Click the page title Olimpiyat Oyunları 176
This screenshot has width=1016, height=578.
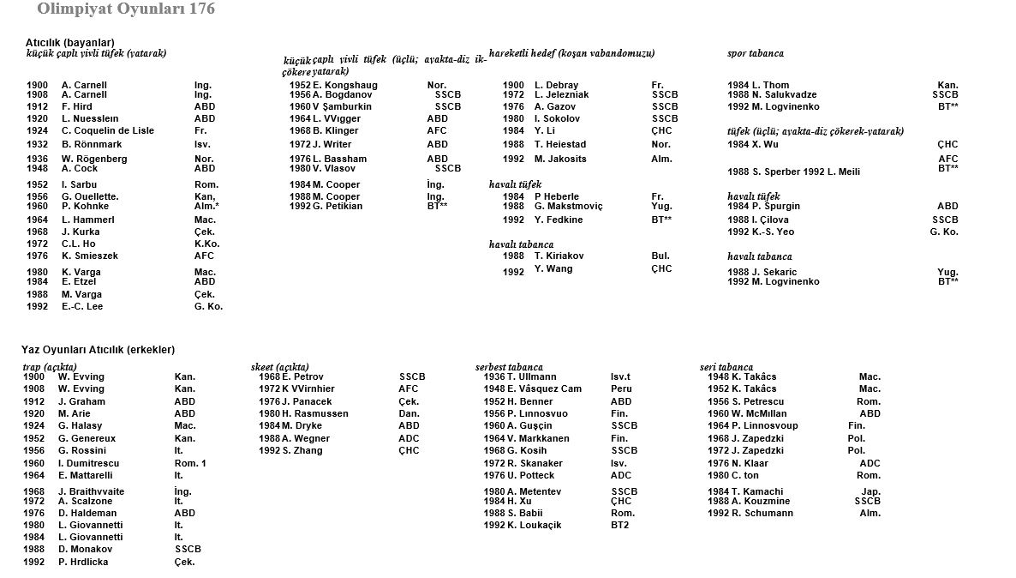126,9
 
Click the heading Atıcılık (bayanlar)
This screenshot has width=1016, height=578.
69,42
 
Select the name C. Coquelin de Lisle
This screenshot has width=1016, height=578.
108,130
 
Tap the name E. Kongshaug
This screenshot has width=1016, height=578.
345,86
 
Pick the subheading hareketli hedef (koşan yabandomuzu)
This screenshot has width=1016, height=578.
571,53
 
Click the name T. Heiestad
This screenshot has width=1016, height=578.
561,144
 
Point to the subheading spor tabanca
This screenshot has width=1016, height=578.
756,53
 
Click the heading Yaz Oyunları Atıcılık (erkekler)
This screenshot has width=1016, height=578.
98,349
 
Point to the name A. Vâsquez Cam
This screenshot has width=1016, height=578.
544,388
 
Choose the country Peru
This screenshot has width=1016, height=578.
621,388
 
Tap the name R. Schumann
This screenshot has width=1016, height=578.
762,513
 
